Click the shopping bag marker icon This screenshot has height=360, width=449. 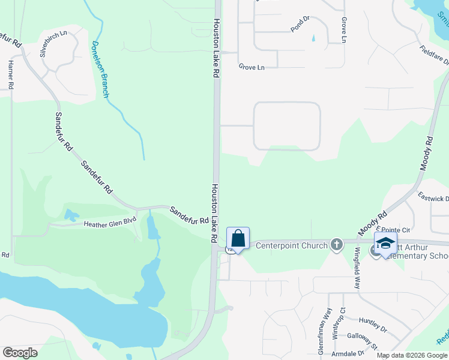(x=238, y=238)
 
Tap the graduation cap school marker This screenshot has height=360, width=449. (x=385, y=243)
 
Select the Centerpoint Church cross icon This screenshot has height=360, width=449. (x=337, y=244)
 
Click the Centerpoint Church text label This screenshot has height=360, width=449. (x=292, y=245)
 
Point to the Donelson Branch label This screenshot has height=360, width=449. (x=100, y=70)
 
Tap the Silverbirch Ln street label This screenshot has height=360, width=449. (x=53, y=43)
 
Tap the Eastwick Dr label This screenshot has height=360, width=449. (x=433, y=199)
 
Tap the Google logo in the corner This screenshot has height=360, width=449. (x=20, y=353)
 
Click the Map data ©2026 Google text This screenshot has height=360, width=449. (x=412, y=355)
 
